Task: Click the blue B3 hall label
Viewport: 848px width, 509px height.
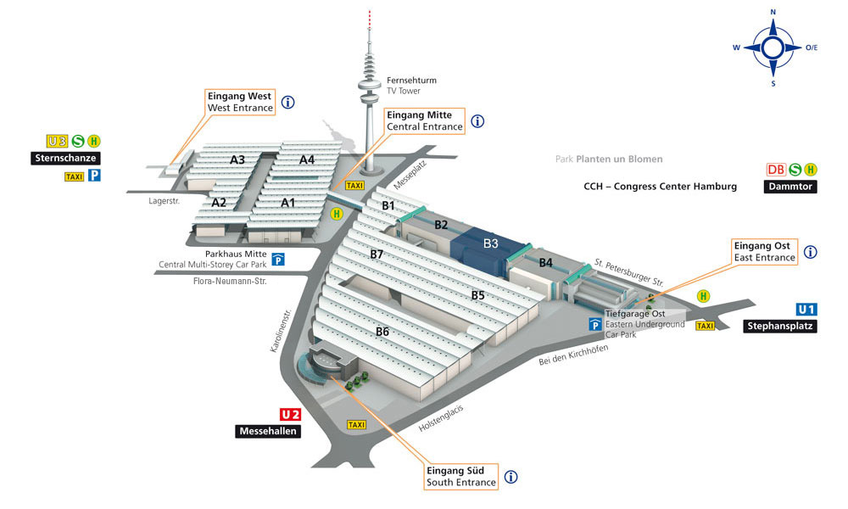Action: click(x=490, y=243)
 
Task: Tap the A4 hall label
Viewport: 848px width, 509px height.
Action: click(x=307, y=159)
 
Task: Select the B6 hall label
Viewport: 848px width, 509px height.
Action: click(x=382, y=332)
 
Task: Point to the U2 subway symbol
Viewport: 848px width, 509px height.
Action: click(x=290, y=414)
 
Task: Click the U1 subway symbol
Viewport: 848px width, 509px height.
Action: click(x=806, y=310)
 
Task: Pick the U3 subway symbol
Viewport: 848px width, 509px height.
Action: click(x=57, y=141)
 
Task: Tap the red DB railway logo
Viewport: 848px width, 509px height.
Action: click(x=776, y=170)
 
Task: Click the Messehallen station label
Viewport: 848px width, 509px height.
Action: click(x=268, y=431)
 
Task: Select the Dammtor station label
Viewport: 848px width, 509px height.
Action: click(x=790, y=187)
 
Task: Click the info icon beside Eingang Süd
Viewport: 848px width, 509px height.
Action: click(x=511, y=477)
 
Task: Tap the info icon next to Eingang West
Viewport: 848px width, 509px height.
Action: click(x=288, y=102)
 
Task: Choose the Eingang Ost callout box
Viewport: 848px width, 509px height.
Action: click(x=765, y=251)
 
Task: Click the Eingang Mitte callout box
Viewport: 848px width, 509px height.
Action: click(x=425, y=120)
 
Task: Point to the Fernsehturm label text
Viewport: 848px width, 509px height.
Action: click(x=411, y=80)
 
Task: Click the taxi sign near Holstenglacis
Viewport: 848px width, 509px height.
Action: click(x=356, y=425)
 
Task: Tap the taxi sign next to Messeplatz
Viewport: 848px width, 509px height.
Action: click(x=354, y=186)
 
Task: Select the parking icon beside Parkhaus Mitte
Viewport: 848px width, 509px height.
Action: click(x=278, y=260)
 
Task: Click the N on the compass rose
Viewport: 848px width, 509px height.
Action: click(x=773, y=12)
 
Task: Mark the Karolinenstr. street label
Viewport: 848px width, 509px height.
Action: click(x=281, y=331)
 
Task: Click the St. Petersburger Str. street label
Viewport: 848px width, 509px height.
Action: click(x=629, y=272)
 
